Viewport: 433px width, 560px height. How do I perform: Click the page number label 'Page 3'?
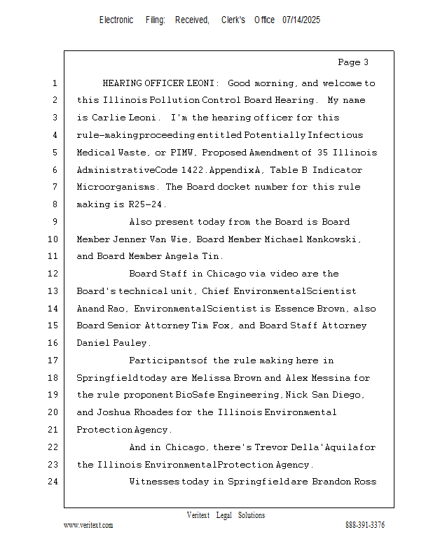[353, 62]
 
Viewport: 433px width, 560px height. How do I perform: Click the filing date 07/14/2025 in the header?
[301, 20]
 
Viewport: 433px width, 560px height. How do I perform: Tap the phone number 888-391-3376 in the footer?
[365, 525]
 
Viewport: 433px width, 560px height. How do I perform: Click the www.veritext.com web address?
[88, 525]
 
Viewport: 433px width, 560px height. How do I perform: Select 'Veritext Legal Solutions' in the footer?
[226, 515]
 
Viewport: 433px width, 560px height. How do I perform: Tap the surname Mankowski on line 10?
[334, 239]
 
